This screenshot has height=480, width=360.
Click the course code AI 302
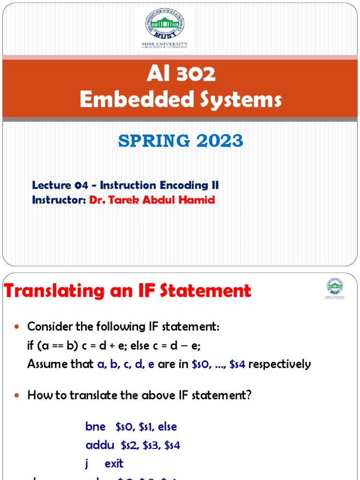(x=180, y=74)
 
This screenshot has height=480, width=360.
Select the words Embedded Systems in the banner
(x=180, y=99)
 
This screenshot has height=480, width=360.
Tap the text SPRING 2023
(x=180, y=141)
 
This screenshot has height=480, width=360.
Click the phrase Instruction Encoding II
(x=159, y=186)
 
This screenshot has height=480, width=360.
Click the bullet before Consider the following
(x=18, y=327)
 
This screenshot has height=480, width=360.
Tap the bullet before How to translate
(x=18, y=396)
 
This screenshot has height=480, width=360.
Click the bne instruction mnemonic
(x=96, y=427)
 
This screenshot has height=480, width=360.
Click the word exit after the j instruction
(x=114, y=464)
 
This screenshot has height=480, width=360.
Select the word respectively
(x=279, y=364)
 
